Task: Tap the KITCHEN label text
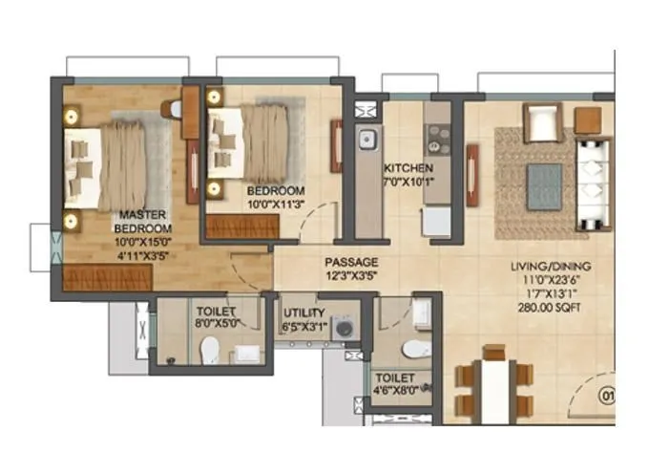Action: coord(408,168)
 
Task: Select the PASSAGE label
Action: coord(351,262)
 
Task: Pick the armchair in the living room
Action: coord(540,122)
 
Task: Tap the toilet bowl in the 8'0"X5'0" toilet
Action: coord(209,351)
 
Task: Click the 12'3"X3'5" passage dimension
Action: coord(351,276)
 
